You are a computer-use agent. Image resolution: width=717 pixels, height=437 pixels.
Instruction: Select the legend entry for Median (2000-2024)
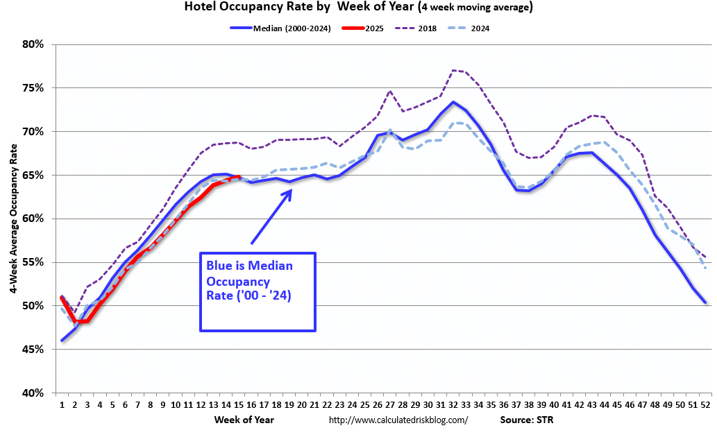(278, 28)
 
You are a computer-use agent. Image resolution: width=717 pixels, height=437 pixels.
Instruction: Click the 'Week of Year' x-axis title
(244, 420)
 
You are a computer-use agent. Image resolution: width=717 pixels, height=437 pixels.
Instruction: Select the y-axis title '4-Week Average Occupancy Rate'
(13, 218)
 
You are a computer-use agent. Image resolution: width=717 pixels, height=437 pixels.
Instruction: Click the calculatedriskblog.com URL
(398, 420)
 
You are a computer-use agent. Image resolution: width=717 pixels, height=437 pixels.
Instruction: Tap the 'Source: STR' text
(526, 420)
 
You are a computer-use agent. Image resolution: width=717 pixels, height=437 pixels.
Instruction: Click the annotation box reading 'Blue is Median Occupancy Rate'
(258, 291)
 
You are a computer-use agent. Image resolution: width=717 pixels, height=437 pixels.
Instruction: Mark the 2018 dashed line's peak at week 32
(453, 70)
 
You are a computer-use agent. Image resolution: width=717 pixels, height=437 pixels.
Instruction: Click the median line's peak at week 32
(453, 102)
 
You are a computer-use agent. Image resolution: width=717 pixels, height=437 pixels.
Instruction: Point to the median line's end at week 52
(705, 302)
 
